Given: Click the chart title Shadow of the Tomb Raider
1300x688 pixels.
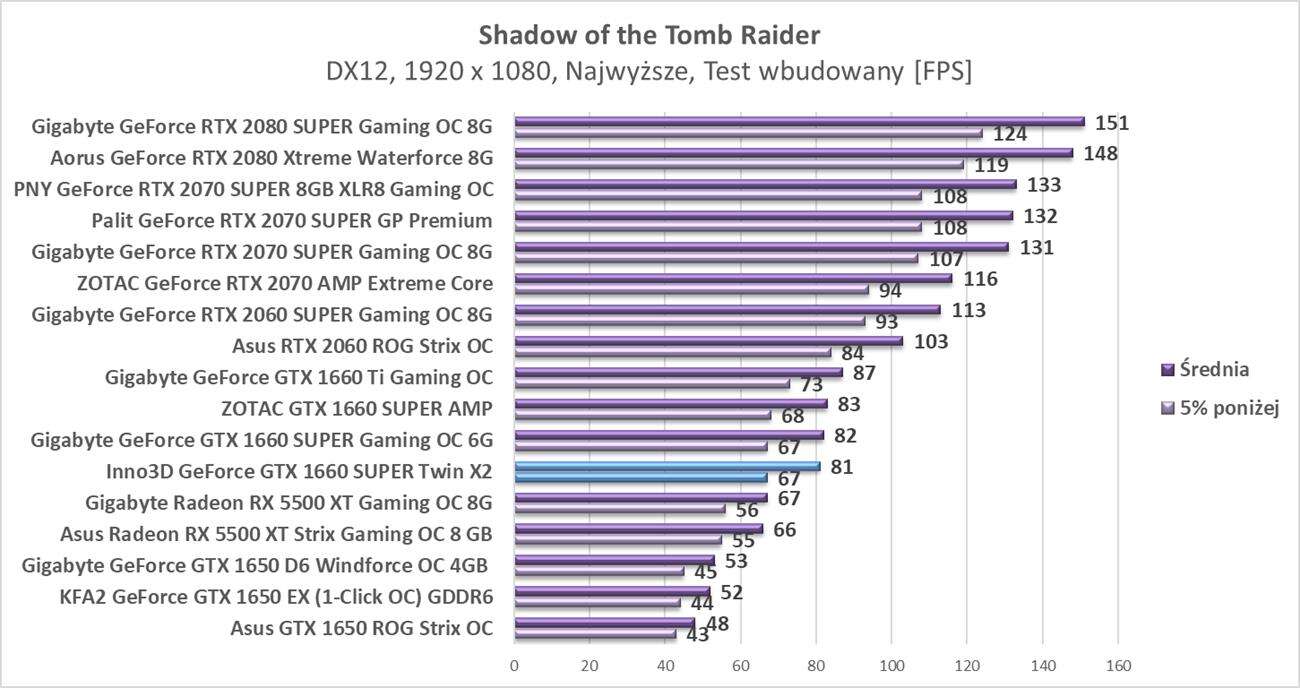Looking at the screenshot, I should [x=649, y=35].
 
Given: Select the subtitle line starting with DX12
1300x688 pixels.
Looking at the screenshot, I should [x=649, y=72].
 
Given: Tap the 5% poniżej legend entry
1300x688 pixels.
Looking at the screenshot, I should [x=1217, y=407].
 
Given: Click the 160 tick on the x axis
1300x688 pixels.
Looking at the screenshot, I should [x=1118, y=666].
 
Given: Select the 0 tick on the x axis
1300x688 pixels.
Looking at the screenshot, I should [x=515, y=666].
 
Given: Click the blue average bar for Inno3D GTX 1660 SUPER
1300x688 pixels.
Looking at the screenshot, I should [x=667, y=466].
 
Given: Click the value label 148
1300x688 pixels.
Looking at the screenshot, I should [x=1100, y=154].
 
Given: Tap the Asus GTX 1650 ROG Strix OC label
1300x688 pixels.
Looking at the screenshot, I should [x=361, y=628].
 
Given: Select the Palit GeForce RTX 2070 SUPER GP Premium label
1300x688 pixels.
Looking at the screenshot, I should [x=292, y=220].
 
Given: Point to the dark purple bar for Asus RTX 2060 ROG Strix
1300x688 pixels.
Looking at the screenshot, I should [x=708, y=341].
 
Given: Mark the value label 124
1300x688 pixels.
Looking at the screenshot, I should [x=1010, y=134].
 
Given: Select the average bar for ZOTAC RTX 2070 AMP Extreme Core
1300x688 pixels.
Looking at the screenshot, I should [x=733, y=279].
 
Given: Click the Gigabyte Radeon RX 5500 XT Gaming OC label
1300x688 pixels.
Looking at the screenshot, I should [x=289, y=501].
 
